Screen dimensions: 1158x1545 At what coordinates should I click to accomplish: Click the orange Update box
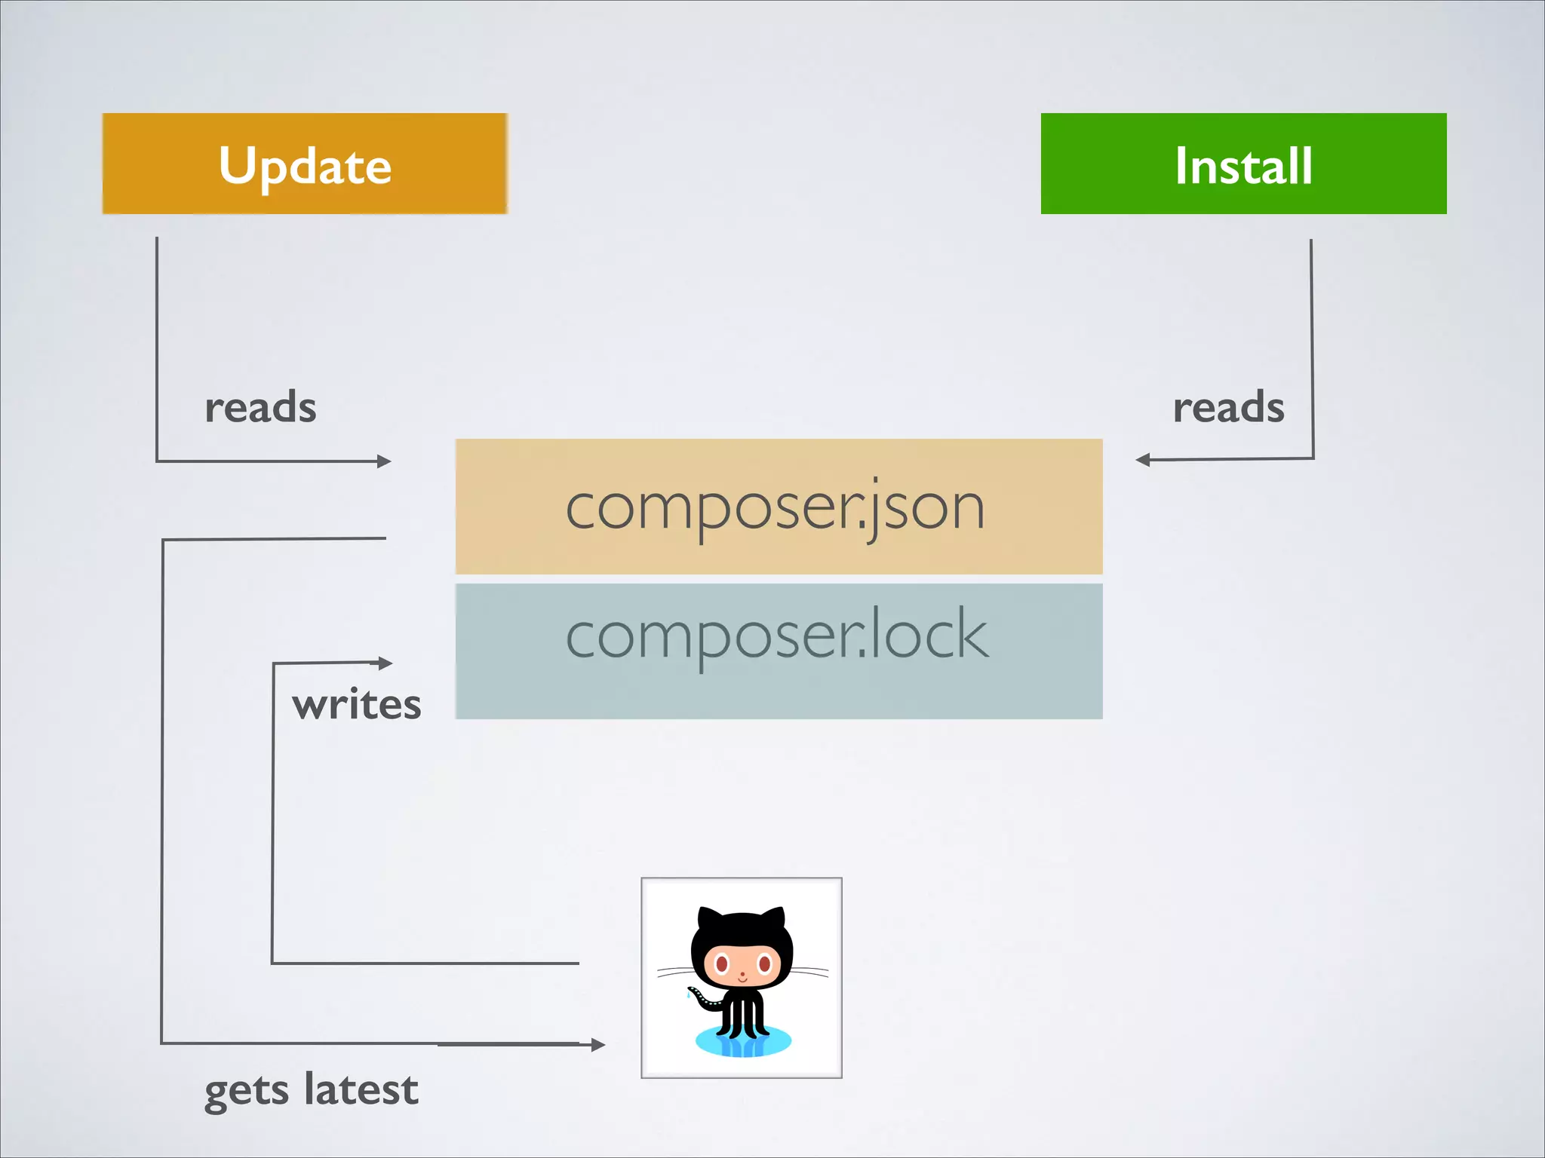(305, 164)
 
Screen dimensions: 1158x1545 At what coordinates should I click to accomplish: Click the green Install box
(1243, 164)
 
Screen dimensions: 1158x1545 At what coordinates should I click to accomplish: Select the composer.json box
(779, 507)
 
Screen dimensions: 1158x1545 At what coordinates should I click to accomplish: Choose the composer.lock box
(779, 651)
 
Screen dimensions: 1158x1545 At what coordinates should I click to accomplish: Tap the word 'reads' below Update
(260, 408)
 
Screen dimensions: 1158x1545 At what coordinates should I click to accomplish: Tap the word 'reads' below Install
(1228, 408)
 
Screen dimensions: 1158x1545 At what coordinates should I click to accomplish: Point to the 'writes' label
(356, 705)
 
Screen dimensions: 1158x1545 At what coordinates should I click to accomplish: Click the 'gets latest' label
(311, 1090)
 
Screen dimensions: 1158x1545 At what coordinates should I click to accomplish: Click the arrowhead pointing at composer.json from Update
(385, 461)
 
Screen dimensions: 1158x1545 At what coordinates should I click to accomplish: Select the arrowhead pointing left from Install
(1143, 460)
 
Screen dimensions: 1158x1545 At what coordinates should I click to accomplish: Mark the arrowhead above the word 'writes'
(385, 663)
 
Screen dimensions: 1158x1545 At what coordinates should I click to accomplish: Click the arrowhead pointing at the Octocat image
(598, 1044)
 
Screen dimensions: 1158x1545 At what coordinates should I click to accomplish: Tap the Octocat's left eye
(721, 963)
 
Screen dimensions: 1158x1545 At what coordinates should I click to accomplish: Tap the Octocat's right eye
(764, 963)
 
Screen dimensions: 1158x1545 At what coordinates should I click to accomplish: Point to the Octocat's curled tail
(702, 998)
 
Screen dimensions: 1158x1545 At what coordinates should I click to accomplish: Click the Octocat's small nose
(742, 975)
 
